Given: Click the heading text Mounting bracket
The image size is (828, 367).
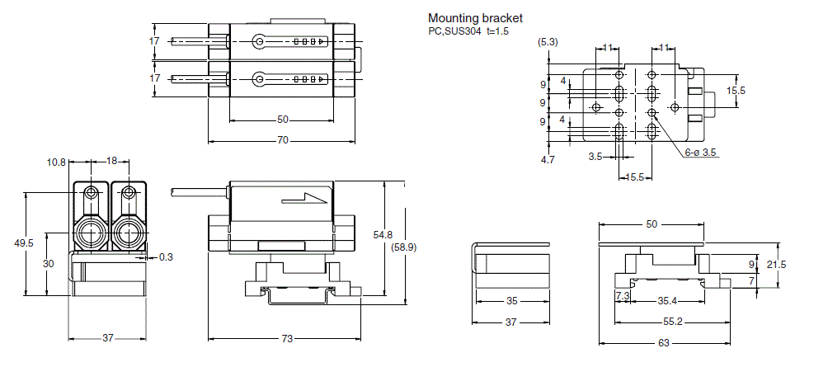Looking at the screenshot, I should pos(475,18).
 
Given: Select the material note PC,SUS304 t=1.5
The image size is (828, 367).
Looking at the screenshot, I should pos(467,31).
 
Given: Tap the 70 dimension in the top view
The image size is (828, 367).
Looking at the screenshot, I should pos(282,141).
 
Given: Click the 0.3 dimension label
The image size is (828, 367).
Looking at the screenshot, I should pos(166,257).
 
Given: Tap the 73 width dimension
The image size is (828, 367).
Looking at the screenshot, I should pos(287,338).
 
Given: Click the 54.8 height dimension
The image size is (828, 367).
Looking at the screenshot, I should pos(383,235).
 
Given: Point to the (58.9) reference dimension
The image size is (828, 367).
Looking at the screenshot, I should pos(404,247).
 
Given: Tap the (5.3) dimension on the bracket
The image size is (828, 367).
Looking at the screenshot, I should pos(547,41).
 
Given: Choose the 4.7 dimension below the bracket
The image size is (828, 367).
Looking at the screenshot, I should pos(548,160).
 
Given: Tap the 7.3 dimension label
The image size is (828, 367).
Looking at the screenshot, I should pos(623,294).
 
